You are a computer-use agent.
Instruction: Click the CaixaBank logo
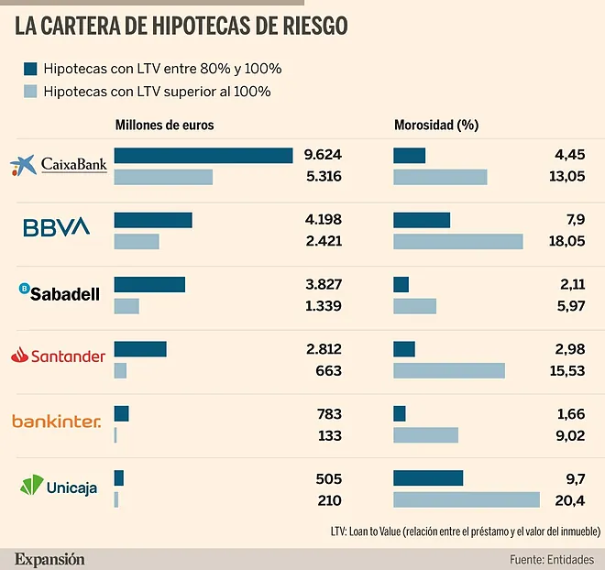coord(59,165)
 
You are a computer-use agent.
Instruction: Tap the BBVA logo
coord(57,227)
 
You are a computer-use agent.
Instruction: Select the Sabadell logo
coord(60,292)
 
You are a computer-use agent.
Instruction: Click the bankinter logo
coord(56,421)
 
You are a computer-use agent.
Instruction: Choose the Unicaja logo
coord(59,486)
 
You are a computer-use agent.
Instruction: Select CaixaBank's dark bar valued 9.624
coord(203,155)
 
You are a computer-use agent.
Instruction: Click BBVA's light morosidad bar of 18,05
coord(457,241)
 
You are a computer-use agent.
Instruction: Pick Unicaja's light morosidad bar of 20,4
coord(466,499)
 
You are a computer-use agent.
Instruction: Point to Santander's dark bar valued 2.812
coord(140,349)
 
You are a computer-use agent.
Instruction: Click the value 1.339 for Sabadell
coord(323,306)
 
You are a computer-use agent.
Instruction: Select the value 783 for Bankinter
coord(328,414)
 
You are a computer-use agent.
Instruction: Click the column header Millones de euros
coord(164,125)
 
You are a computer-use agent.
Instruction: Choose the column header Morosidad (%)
coord(436,125)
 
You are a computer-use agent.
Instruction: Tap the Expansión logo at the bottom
coord(49,558)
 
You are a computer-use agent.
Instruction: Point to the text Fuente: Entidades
coord(551,559)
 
